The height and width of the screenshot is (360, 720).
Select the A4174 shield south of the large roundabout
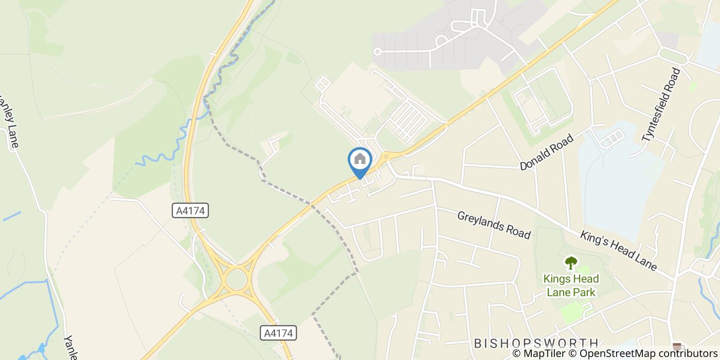(278, 333)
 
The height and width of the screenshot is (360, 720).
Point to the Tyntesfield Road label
(661, 105)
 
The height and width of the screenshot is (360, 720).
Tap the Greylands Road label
(494, 225)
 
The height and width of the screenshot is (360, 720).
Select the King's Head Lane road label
(619, 251)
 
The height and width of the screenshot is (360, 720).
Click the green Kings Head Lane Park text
(571, 285)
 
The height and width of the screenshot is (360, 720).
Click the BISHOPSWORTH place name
(536, 343)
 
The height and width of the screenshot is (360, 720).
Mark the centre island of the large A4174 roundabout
(237, 279)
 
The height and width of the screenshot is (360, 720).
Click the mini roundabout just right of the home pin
(386, 155)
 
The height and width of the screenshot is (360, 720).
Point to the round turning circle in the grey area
(377, 51)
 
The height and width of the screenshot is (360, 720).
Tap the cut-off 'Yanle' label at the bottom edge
(70, 348)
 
